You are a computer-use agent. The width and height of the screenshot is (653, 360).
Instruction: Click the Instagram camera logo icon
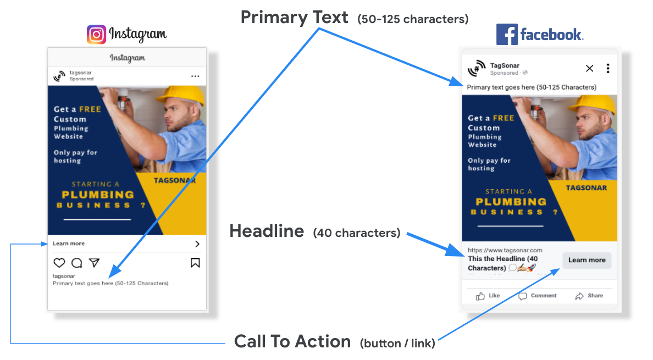click(x=96, y=35)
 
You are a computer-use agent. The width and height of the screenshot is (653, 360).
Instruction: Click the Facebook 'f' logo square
click(x=507, y=35)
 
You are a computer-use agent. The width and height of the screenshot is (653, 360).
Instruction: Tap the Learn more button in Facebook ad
click(x=586, y=260)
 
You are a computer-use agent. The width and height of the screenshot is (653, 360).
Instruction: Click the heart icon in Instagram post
click(x=59, y=263)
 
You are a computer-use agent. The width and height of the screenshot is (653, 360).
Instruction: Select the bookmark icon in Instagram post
click(x=195, y=263)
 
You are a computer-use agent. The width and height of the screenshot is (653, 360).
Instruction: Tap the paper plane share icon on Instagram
click(x=94, y=263)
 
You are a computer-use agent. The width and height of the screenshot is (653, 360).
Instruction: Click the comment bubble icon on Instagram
click(x=76, y=263)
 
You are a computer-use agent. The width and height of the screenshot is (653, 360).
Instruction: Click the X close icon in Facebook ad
click(x=590, y=68)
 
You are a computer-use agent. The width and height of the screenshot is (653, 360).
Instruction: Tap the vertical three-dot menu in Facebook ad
click(x=608, y=68)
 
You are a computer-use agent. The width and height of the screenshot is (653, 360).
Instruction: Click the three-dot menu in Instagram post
click(x=195, y=76)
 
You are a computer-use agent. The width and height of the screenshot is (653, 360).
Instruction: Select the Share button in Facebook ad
click(x=589, y=296)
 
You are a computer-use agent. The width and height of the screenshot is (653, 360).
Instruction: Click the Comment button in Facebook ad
click(x=538, y=296)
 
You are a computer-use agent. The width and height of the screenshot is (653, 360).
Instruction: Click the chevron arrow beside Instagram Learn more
click(x=197, y=244)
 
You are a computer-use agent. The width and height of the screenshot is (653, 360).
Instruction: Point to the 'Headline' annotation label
click(x=267, y=231)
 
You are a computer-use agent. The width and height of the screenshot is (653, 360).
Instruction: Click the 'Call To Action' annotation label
click(x=292, y=341)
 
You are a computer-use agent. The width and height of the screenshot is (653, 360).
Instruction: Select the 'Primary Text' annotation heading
click(x=294, y=18)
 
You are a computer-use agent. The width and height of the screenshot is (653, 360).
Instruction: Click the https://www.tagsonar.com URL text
click(x=505, y=250)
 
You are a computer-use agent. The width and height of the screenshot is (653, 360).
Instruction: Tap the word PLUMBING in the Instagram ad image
click(x=98, y=195)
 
